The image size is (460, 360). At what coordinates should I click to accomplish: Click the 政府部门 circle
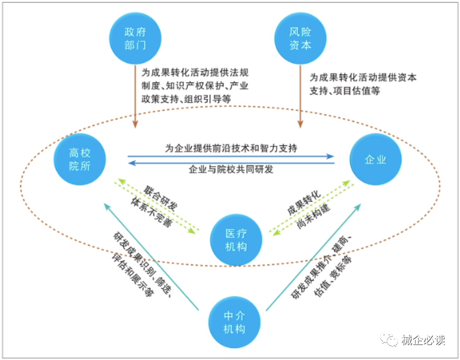(x=135, y=38)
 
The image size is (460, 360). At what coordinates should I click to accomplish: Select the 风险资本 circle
(x=300, y=38)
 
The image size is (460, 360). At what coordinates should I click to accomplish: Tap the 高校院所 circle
(x=80, y=159)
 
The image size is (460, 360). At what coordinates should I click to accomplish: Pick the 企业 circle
(x=375, y=159)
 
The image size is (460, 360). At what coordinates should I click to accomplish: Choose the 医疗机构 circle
(x=236, y=240)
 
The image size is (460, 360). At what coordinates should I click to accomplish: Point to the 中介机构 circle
(x=234, y=322)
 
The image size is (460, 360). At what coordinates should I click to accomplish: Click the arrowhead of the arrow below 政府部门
(x=135, y=124)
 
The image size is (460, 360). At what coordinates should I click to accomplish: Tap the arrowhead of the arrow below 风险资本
(x=300, y=124)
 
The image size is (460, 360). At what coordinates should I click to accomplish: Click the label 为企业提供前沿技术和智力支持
(x=231, y=148)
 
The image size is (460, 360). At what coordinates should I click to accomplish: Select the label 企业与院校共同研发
(x=231, y=169)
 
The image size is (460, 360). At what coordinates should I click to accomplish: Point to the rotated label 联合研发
(x=160, y=198)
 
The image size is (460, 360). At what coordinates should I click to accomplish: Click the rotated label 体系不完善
(x=151, y=212)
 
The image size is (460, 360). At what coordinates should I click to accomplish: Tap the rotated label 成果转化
(x=304, y=203)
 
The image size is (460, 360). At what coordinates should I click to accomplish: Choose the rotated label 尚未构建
(x=313, y=216)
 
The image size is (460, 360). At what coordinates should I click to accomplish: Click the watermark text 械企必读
(x=423, y=340)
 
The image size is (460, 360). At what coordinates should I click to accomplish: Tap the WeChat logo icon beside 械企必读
(x=389, y=339)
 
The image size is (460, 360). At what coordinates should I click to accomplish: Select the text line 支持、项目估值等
(x=345, y=90)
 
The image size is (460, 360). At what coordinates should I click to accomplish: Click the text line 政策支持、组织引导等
(x=186, y=99)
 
